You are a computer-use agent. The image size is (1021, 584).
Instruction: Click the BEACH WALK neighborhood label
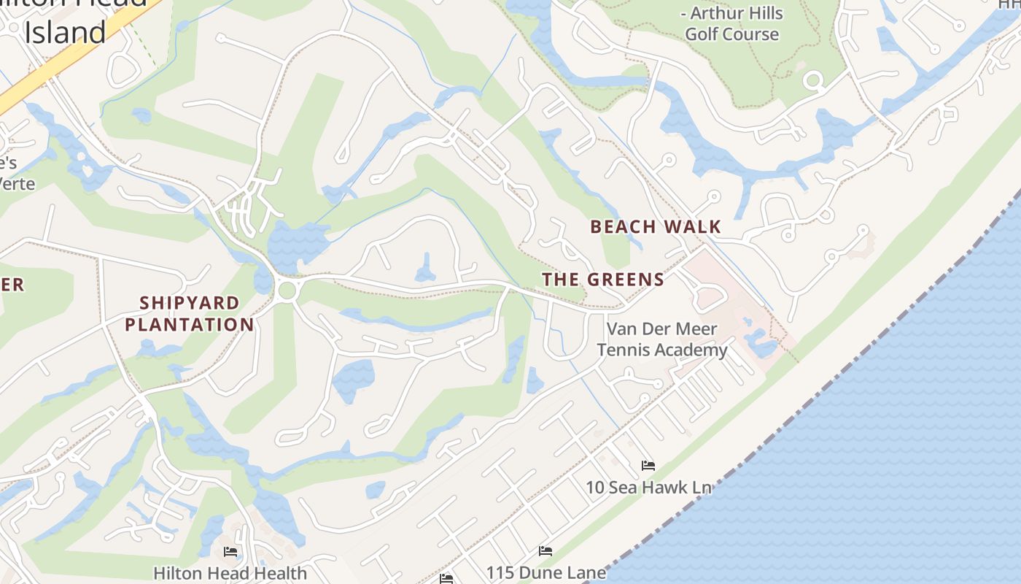pos(655,227)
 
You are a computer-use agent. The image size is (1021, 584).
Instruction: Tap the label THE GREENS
pos(603,280)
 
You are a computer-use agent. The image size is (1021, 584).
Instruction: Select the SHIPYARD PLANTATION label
pos(190,314)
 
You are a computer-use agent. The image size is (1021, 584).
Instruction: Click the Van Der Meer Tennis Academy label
pos(662,339)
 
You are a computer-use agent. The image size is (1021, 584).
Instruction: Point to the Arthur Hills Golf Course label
pos(731,23)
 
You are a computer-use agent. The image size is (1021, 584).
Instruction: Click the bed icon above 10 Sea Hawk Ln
pos(648,466)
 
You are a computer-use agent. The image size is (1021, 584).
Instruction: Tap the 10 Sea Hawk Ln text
pos(648,487)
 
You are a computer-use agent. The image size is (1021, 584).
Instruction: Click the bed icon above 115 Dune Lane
pos(545,551)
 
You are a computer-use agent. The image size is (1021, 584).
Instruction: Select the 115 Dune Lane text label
pos(546,572)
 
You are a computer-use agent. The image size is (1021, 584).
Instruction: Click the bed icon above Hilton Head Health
pos(230,552)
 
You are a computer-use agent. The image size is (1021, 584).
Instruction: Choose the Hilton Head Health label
pos(230,573)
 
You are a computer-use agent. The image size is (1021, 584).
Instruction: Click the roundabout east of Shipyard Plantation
pos(287,291)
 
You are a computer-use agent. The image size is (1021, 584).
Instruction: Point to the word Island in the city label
pos(66,33)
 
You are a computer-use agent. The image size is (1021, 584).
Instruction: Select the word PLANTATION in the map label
pos(190,325)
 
